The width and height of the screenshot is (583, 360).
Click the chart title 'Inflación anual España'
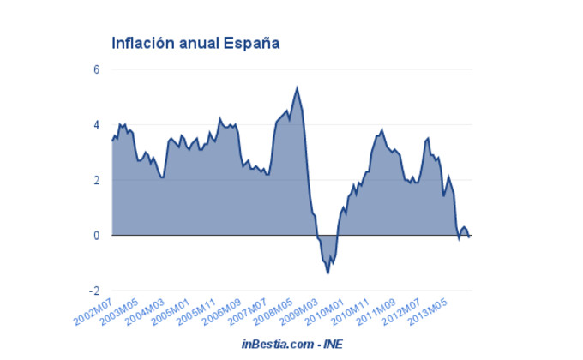196,42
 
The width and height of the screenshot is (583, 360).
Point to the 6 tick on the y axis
97,69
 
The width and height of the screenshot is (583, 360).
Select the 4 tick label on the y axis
97,125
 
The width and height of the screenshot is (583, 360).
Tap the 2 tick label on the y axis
97,180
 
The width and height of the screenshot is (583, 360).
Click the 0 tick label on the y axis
97,236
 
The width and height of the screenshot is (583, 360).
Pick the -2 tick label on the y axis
95,291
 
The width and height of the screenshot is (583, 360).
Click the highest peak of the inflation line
297,87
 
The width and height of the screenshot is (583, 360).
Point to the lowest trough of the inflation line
328,273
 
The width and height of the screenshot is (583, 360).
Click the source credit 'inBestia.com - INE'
291,344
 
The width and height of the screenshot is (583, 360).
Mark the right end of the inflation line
469,235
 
